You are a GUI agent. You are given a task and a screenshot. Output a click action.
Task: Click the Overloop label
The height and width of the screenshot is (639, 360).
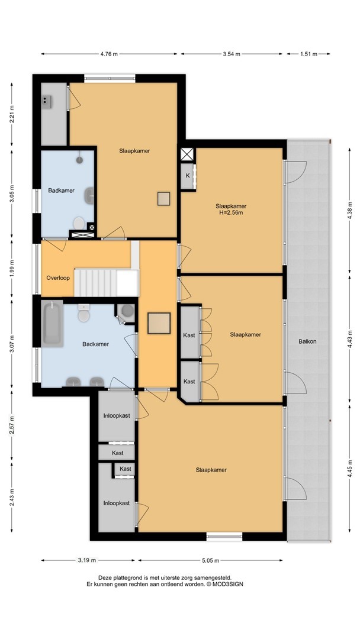click(x=58, y=278)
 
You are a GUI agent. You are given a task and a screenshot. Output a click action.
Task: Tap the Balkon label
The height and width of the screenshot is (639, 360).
click(x=307, y=341)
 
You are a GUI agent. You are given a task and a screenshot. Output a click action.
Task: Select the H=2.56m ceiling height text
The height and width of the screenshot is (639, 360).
click(x=231, y=212)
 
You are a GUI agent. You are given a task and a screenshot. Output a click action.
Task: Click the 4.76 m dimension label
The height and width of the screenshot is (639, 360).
click(x=109, y=54)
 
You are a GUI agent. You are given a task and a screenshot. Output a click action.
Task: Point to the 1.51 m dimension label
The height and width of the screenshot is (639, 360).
click(x=309, y=54)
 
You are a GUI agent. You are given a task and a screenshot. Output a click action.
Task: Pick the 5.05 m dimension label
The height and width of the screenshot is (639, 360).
click(x=210, y=560)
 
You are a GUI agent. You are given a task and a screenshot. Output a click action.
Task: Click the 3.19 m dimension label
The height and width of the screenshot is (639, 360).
click(x=87, y=560)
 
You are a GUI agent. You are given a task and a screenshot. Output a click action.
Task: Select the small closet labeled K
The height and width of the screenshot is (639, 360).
click(x=188, y=176)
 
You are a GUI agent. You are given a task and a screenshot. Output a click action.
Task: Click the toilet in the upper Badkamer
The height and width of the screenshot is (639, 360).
click(x=79, y=223)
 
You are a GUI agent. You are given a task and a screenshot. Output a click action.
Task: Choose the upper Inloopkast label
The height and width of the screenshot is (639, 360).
click(x=117, y=416)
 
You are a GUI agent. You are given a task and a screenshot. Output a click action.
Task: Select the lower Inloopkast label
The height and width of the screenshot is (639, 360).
click(x=117, y=503)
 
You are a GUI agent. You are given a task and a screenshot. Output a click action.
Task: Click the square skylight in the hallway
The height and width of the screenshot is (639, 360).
click(x=159, y=323)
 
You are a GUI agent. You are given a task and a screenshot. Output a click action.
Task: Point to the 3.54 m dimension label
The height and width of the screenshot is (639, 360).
click(x=232, y=54)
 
